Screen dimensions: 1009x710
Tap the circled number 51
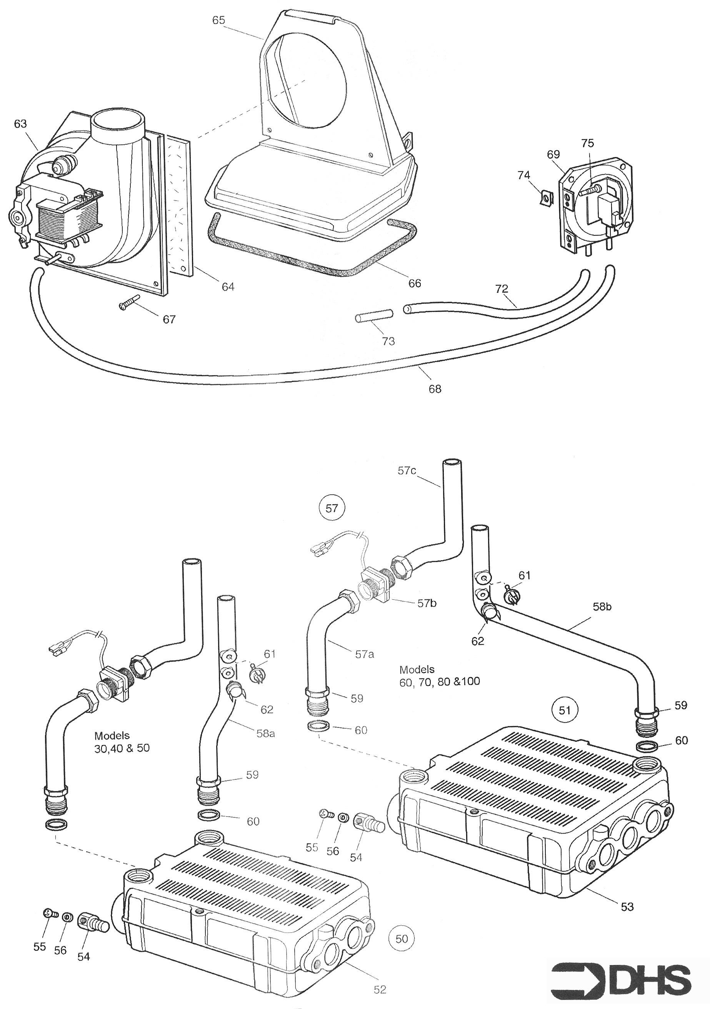565,710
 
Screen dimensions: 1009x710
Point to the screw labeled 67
129,302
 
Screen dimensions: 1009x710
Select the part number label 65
218,21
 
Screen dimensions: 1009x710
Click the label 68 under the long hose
435,389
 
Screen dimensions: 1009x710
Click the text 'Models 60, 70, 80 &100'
439,675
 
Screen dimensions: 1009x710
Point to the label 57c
407,471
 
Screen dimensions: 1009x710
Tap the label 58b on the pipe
602,607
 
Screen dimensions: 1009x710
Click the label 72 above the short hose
501,289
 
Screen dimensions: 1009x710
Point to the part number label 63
20,124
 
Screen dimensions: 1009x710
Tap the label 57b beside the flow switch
427,604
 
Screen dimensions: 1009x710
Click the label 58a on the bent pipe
265,734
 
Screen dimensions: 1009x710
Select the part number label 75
587,143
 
